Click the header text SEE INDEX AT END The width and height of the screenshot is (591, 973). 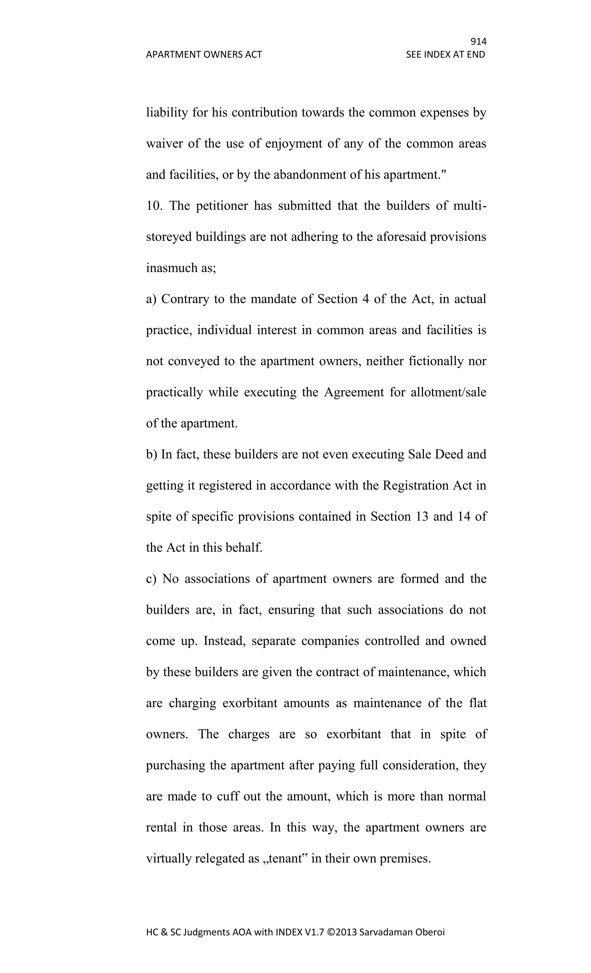445,55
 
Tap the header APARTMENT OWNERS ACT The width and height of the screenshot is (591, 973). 204,55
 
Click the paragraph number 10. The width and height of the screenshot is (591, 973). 154,206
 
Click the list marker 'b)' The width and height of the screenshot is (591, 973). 152,454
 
